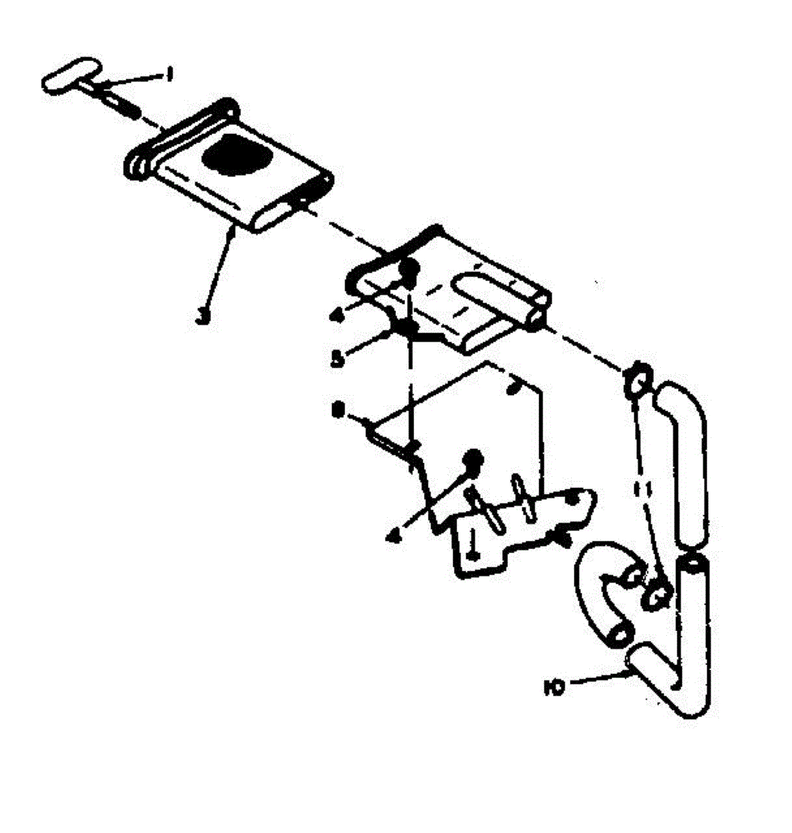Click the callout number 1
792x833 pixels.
tap(167, 71)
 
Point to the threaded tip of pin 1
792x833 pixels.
tap(124, 108)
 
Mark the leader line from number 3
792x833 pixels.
tap(217, 272)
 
